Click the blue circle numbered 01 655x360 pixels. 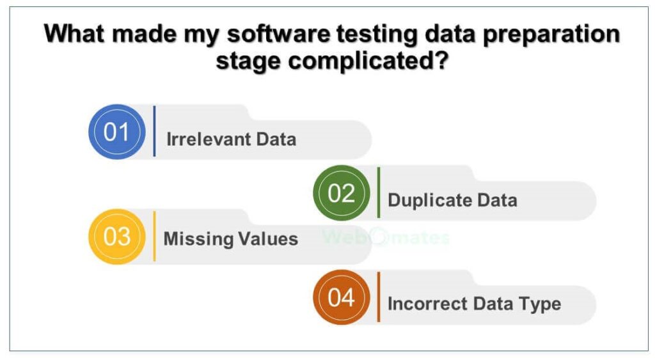click(117, 132)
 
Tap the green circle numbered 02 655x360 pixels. click(342, 193)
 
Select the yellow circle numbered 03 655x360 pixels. click(117, 237)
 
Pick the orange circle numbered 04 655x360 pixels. click(342, 297)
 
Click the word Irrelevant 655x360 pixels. click(209, 139)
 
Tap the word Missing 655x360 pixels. click(198, 240)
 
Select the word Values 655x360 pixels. click(268, 239)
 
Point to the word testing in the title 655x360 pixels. click(377, 35)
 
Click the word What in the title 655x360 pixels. click(75, 33)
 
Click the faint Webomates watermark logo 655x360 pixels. click(386, 237)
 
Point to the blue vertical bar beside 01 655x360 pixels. click(155, 132)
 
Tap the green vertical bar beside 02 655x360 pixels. click(379, 192)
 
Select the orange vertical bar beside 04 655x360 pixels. click(379, 297)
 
